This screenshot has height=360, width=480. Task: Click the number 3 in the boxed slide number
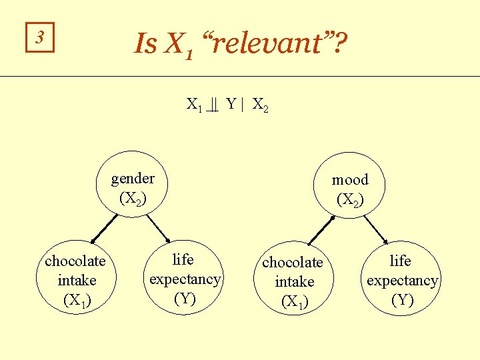tap(39, 39)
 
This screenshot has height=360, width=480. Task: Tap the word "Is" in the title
tap(145, 45)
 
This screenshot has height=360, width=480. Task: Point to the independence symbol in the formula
tap(213, 105)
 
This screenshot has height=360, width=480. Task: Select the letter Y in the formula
tap(231, 104)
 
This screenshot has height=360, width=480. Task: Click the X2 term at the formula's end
tap(260, 105)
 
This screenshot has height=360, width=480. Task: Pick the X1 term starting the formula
tap(195, 105)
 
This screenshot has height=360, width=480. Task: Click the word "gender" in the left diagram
tap(133, 179)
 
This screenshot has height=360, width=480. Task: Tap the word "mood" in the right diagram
tap(350, 180)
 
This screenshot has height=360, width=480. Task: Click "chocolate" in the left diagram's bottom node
tap(75, 261)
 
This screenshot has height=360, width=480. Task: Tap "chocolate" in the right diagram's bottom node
tap(293, 263)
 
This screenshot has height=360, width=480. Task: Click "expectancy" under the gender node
tap(185, 279)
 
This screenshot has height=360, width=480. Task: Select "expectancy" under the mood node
tap(402, 281)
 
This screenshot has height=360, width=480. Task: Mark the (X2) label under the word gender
tap(133, 198)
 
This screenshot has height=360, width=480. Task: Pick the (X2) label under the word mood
tap(350, 199)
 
